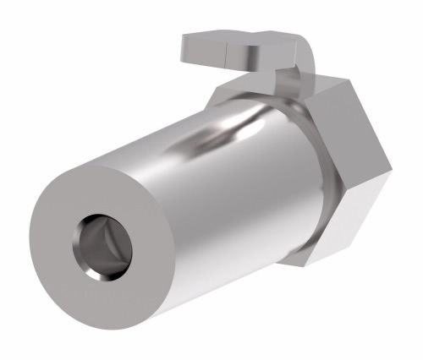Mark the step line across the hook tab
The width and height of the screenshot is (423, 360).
[x=231, y=52]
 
